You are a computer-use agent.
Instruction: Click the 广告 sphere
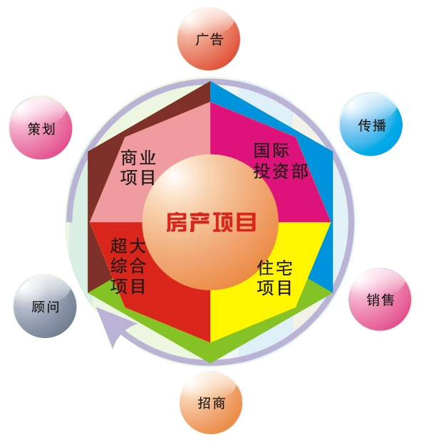(209, 39)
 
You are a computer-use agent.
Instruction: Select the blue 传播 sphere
(371, 125)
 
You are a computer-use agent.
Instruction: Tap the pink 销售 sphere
(380, 300)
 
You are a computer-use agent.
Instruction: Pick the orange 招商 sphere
(211, 403)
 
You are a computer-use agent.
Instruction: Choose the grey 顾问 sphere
(45, 307)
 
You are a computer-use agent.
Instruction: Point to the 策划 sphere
(41, 128)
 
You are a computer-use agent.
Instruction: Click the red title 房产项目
(211, 222)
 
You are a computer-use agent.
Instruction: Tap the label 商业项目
(138, 167)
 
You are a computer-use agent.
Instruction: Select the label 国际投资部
(281, 161)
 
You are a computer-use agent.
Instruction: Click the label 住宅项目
(274, 278)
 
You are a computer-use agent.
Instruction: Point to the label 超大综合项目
(128, 265)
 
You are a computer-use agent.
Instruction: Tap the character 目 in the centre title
(246, 222)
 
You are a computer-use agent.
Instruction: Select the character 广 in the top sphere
(202, 39)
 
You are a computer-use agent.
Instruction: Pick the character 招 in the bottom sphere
(205, 403)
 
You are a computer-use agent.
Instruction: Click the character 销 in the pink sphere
(373, 300)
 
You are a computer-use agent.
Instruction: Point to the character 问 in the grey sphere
(52, 307)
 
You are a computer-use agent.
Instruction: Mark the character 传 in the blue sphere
(364, 125)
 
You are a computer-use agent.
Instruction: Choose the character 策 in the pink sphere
(34, 129)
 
